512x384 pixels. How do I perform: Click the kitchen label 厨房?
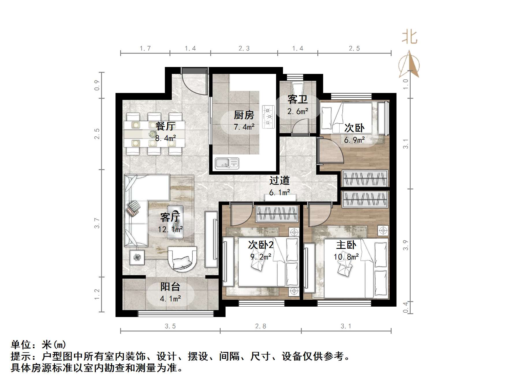[244, 115]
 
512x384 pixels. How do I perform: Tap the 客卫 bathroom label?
[297, 100]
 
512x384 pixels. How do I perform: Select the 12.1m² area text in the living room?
[170, 230]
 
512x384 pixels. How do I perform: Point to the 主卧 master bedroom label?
[346, 245]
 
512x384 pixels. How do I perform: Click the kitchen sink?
[227, 163]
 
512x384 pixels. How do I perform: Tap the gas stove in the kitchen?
[268, 117]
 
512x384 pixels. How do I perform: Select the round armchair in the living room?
[183, 258]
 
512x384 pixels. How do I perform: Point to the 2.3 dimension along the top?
[244, 49]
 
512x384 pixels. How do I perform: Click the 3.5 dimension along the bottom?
[170, 326]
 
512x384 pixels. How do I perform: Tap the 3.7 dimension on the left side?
[97, 223]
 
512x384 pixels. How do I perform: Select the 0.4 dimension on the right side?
[406, 307]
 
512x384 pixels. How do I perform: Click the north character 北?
[409, 37]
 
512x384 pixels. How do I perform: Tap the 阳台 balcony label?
[170, 287]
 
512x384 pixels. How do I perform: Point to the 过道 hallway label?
[279, 181]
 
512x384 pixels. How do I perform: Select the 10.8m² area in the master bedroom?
[346, 256]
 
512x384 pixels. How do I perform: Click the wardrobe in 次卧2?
[277, 214]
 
